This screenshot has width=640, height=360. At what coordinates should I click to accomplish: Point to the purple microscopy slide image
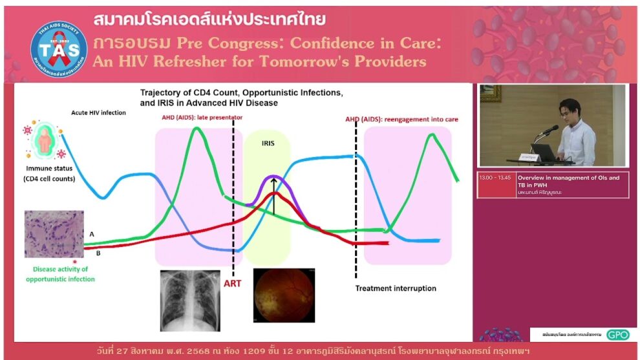coord(54,233)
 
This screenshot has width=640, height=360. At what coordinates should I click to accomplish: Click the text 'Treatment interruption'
coord(396,288)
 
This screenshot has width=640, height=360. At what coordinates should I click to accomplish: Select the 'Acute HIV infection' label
coord(98,112)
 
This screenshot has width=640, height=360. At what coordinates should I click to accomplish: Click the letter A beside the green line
coord(92,233)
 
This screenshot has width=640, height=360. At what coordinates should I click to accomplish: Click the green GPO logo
coord(617,334)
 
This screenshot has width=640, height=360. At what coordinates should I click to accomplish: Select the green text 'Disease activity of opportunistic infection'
coord(60,274)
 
